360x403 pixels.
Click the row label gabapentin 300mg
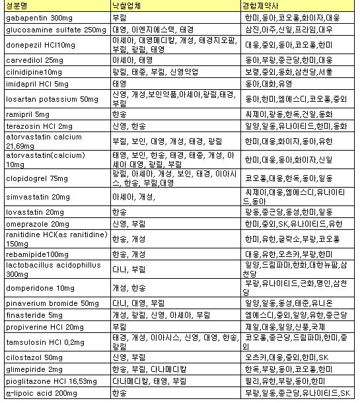(34, 18)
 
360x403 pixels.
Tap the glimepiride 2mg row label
(30, 369)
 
